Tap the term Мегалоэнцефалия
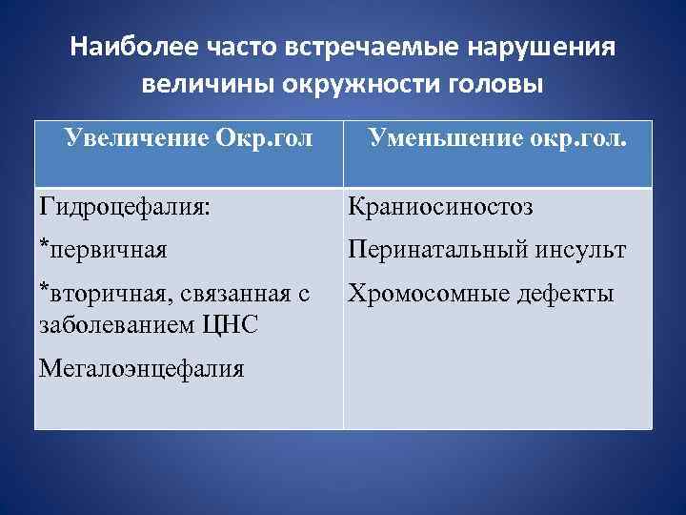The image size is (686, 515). (x=140, y=368)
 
